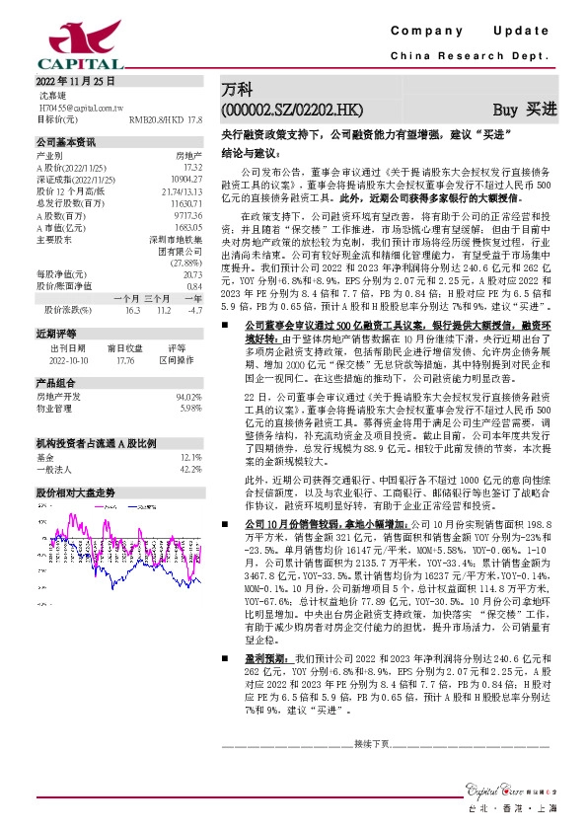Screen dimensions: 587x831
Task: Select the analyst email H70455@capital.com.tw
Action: tap(79, 107)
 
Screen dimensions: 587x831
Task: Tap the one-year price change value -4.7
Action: tap(194, 309)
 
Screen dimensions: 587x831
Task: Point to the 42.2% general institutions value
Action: tap(190, 441)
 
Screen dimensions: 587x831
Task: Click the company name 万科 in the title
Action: tap(236, 89)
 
